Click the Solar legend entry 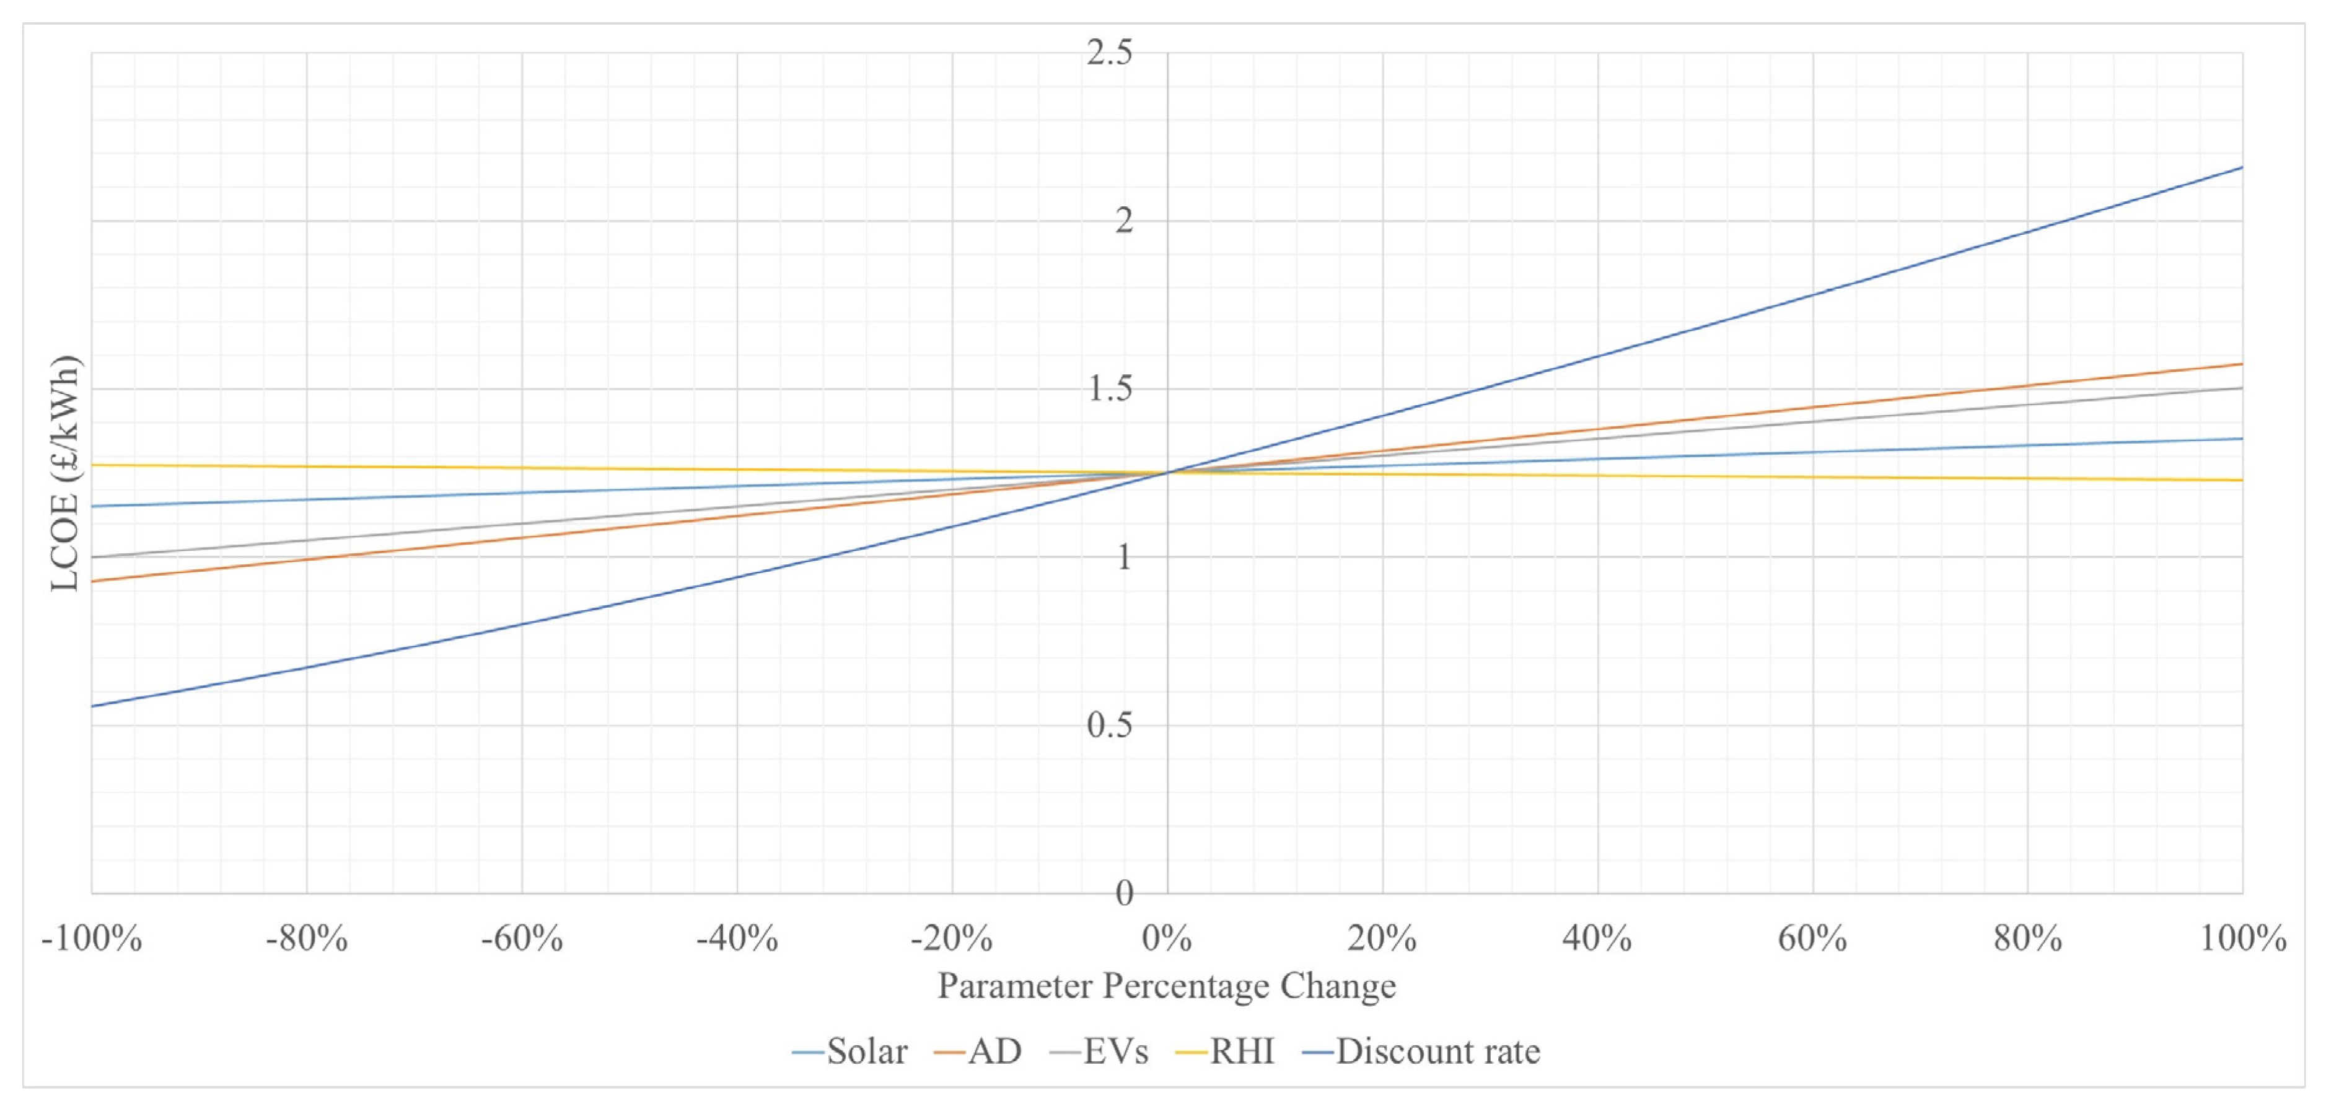click(851, 1051)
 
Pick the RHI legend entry click(1226, 1051)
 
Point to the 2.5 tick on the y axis click(1109, 53)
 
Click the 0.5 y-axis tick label click(1109, 725)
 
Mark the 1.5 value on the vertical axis click(1109, 389)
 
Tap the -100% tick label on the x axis click(91, 939)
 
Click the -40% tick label click(737, 939)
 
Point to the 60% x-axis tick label click(1812, 939)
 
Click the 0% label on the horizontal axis click(1167, 939)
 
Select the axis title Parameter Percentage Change click(1167, 985)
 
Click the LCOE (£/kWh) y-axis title click(65, 473)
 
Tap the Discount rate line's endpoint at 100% click(2242, 167)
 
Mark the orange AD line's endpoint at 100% click(2242, 364)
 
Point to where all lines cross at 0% click(1167, 472)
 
